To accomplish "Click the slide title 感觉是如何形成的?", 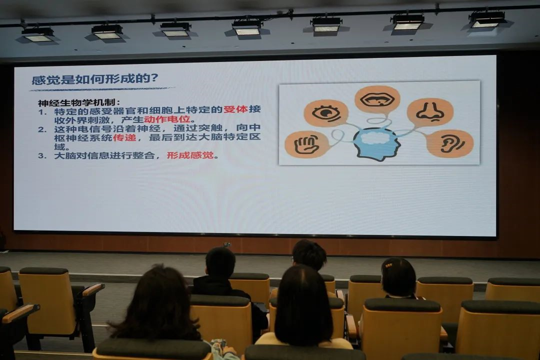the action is [94, 79].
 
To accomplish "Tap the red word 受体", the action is [235, 109].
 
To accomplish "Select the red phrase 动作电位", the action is [167, 119].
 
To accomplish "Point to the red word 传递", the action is [124, 137].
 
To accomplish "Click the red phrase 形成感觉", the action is [190, 155].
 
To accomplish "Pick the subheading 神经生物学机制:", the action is [79, 102].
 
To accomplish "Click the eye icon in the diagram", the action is [326, 113].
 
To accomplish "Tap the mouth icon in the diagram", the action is [377, 99].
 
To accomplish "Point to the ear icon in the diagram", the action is [451, 143].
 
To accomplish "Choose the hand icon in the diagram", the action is [306, 143].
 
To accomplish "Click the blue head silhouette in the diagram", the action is [376, 144].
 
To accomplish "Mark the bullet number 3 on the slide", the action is [42, 155].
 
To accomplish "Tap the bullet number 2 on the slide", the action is [42, 129].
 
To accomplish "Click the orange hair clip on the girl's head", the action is [389, 265].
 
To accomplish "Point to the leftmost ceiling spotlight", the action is [37, 35].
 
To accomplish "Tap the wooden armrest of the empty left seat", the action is [92, 289].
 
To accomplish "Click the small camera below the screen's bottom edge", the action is [226, 244].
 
